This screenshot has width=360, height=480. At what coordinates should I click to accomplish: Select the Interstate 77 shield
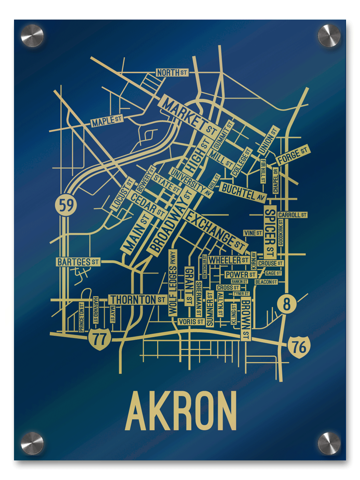(99, 339)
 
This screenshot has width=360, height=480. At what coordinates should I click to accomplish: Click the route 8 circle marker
(286, 304)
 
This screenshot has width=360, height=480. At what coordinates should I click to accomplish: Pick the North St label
(172, 73)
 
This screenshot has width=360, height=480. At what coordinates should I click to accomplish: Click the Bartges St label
(78, 262)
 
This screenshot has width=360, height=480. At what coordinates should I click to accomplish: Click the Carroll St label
(292, 215)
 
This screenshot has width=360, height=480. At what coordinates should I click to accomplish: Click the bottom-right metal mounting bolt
(329, 443)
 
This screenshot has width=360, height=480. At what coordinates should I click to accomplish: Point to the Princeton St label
(82, 317)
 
